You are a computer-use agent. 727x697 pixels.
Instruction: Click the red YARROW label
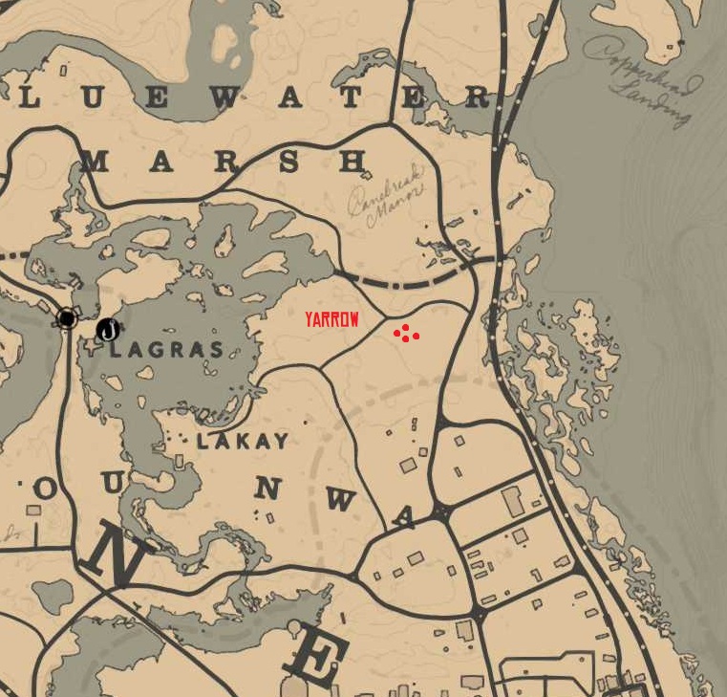click(x=331, y=320)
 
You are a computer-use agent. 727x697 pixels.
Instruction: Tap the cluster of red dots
click(x=406, y=334)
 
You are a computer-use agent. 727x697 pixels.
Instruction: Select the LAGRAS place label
click(x=166, y=350)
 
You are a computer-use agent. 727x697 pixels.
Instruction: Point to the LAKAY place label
click(x=242, y=441)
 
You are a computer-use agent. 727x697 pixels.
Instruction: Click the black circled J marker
click(x=108, y=331)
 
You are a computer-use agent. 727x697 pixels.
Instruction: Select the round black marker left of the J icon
click(x=66, y=318)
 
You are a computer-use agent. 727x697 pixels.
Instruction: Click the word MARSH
click(x=225, y=161)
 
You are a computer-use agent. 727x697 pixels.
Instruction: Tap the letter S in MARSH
click(x=288, y=161)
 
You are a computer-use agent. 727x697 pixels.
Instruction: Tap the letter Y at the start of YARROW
click(x=310, y=320)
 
